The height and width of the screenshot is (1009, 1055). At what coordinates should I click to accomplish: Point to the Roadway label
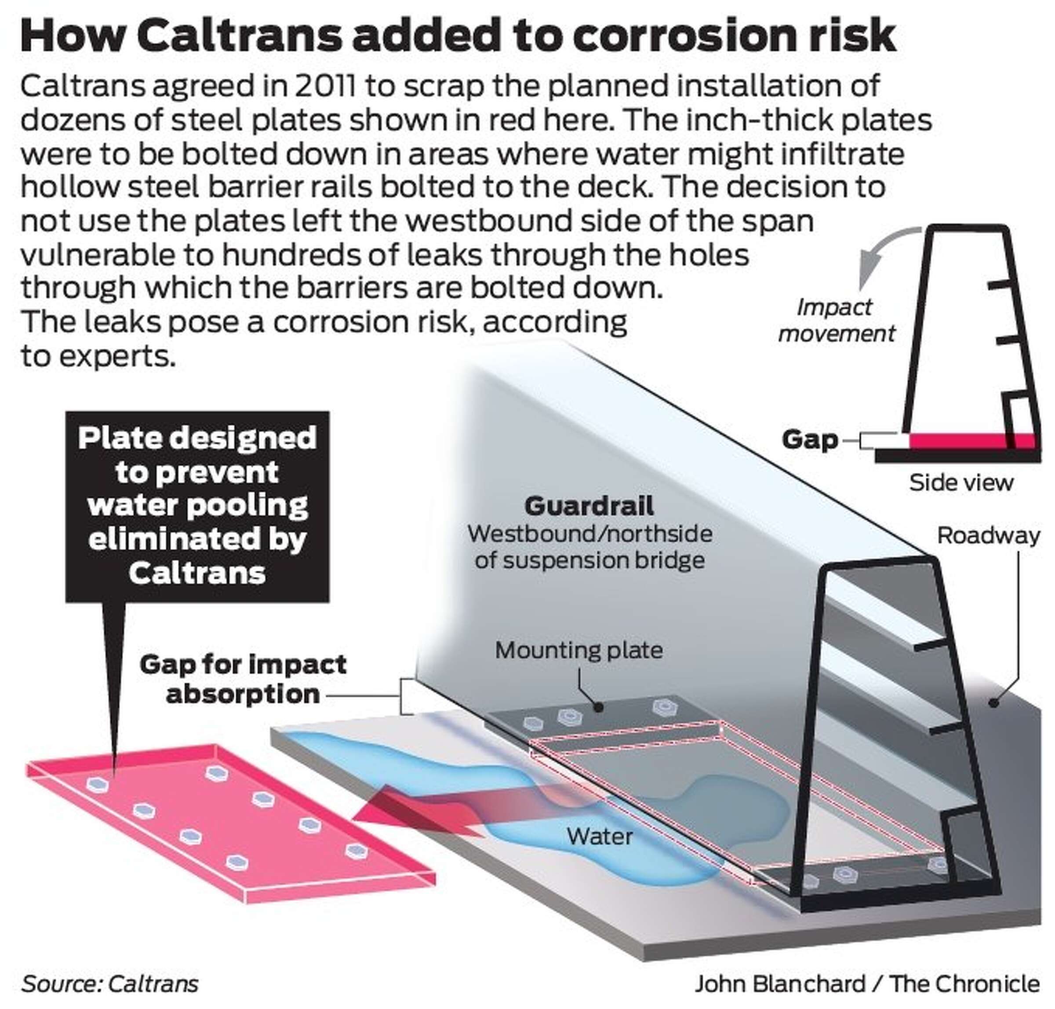tap(988, 535)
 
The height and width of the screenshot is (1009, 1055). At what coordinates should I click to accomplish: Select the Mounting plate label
tap(578, 650)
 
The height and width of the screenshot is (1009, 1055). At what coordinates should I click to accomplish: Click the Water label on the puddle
tap(599, 836)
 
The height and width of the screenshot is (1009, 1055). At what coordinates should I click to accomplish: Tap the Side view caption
tap(960, 483)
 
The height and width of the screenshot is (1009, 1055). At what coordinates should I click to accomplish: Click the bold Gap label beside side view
tap(809, 439)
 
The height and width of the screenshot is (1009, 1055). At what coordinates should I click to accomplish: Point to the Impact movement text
tap(836, 321)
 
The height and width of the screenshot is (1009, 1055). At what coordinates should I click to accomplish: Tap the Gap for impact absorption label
tap(243, 679)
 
